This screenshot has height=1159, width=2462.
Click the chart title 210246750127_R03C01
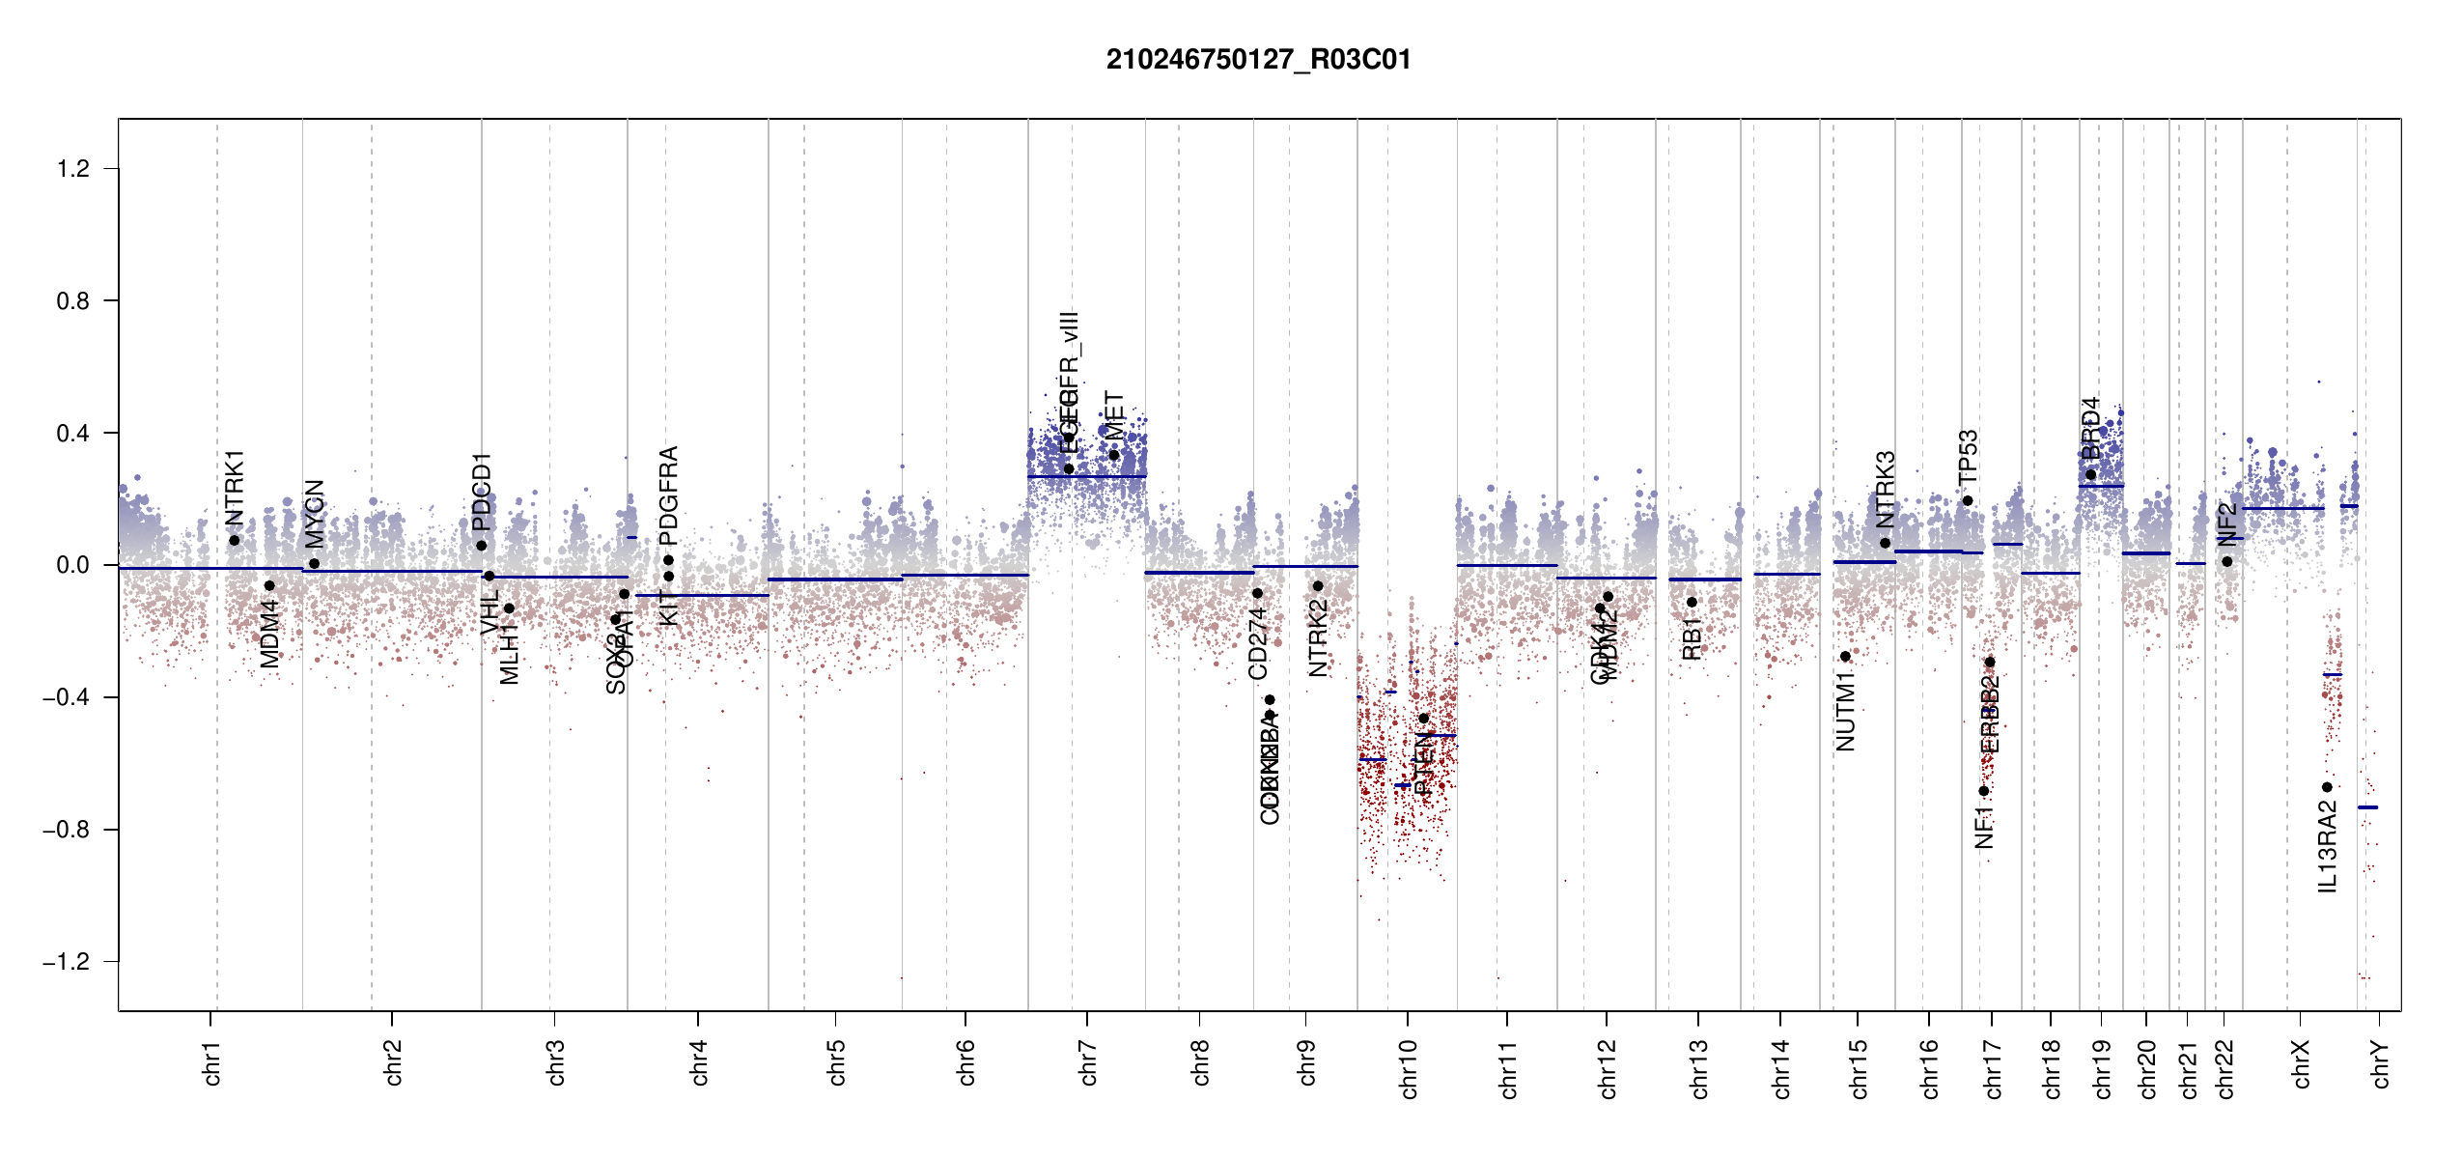point(1258,60)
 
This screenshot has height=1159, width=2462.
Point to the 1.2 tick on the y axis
point(72,169)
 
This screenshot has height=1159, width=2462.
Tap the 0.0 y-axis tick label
point(72,565)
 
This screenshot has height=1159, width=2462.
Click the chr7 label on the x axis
point(1088,1062)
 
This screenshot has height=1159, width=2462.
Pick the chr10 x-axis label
point(1408,1069)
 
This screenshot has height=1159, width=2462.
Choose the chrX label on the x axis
point(2301,1064)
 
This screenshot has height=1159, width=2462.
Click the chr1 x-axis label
point(211,1062)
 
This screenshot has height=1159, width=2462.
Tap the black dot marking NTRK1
point(234,541)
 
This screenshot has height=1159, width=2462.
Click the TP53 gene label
point(1968,457)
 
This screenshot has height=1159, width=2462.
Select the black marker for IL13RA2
point(2327,787)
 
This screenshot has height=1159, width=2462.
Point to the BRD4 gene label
point(2090,428)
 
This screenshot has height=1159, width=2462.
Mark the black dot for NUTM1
point(1845,657)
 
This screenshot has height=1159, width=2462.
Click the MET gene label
point(1114,415)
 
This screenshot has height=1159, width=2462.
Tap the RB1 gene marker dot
point(1692,603)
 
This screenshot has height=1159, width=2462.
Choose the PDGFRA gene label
point(668,495)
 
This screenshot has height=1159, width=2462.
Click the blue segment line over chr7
point(1087,476)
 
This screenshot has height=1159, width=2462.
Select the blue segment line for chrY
point(2367,807)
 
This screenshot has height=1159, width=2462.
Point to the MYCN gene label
point(314,514)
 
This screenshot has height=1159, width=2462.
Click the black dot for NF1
point(1983,791)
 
